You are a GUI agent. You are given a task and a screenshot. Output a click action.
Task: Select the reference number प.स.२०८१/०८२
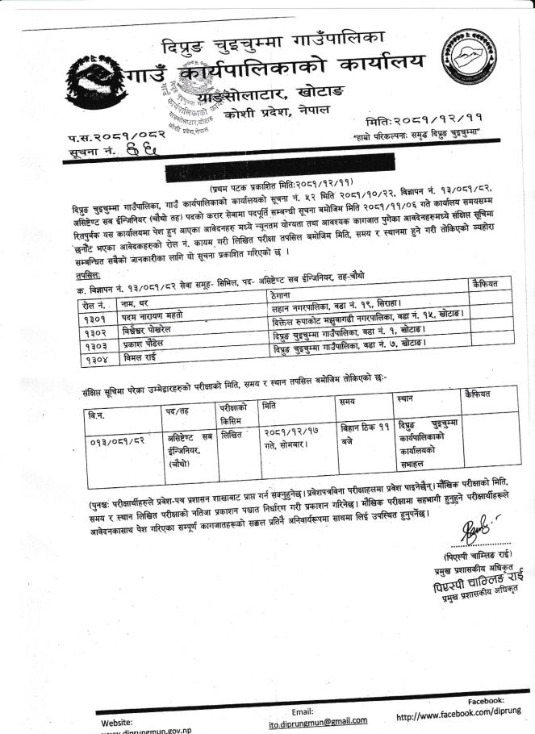pos(107,137)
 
